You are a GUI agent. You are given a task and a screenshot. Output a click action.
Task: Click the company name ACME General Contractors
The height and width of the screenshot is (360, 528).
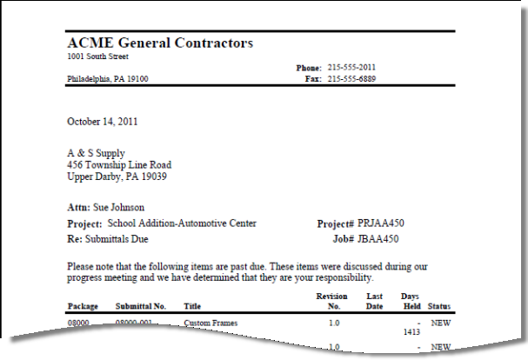click(x=160, y=43)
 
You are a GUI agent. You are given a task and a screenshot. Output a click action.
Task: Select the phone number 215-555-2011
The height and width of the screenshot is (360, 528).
click(x=351, y=67)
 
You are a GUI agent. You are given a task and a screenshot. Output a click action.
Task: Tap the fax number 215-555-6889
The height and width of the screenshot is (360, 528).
click(x=351, y=78)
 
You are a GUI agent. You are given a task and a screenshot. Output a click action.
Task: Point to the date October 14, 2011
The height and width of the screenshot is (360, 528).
click(x=102, y=122)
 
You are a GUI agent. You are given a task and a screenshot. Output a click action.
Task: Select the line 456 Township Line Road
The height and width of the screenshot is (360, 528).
click(x=119, y=164)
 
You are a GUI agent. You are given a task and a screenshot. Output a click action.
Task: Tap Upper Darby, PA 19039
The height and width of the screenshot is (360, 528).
click(x=117, y=177)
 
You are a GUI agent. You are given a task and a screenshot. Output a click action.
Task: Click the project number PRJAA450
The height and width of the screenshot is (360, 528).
click(x=380, y=223)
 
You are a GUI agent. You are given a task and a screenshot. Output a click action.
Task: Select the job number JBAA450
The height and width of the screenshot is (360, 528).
click(x=377, y=238)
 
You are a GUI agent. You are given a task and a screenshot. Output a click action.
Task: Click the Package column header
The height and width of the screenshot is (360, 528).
click(x=83, y=306)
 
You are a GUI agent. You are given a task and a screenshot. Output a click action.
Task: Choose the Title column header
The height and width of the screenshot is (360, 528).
click(x=192, y=306)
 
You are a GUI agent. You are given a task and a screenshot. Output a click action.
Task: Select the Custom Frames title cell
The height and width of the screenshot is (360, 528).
click(x=211, y=323)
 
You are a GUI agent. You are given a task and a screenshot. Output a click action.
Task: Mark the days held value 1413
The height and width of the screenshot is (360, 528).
click(x=411, y=331)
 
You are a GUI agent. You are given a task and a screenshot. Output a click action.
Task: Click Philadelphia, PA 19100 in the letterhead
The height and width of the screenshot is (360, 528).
click(x=108, y=78)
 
